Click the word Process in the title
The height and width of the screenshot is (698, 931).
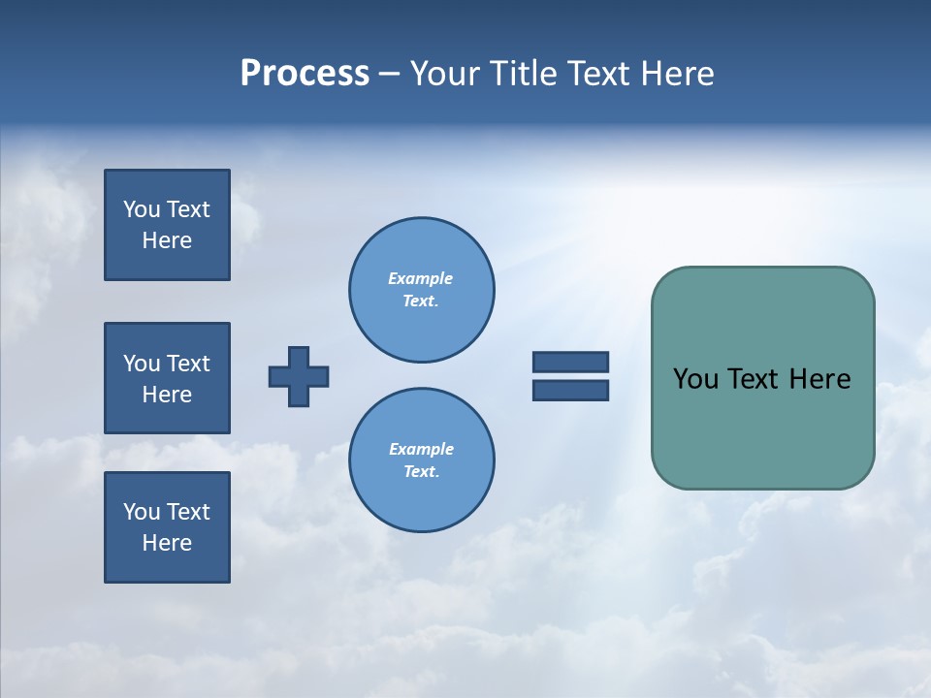pyautogui.click(x=305, y=74)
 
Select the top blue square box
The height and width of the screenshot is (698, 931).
pyautogui.click(x=167, y=225)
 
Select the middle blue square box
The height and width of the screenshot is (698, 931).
pyautogui.click(x=167, y=378)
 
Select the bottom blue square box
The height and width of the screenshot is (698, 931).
pyautogui.click(x=167, y=527)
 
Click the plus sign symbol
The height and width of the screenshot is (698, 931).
pyautogui.click(x=299, y=376)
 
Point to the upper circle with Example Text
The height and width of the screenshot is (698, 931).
pyautogui.click(x=421, y=289)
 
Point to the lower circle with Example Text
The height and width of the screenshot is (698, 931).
pyautogui.click(x=421, y=460)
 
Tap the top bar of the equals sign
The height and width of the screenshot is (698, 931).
pyautogui.click(x=570, y=362)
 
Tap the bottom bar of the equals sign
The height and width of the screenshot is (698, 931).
pyautogui.click(x=570, y=390)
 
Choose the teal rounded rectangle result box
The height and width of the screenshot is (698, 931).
pyautogui.click(x=762, y=427)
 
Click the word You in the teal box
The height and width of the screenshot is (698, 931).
pyautogui.click(x=695, y=379)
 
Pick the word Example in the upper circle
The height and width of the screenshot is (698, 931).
pyautogui.click(x=420, y=278)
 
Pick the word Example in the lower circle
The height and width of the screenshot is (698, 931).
pyautogui.click(x=421, y=449)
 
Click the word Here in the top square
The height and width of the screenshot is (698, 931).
pyautogui.click(x=167, y=240)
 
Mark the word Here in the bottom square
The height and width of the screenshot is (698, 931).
pyautogui.click(x=167, y=543)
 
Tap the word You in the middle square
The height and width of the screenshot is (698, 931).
pyautogui.click(x=142, y=364)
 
